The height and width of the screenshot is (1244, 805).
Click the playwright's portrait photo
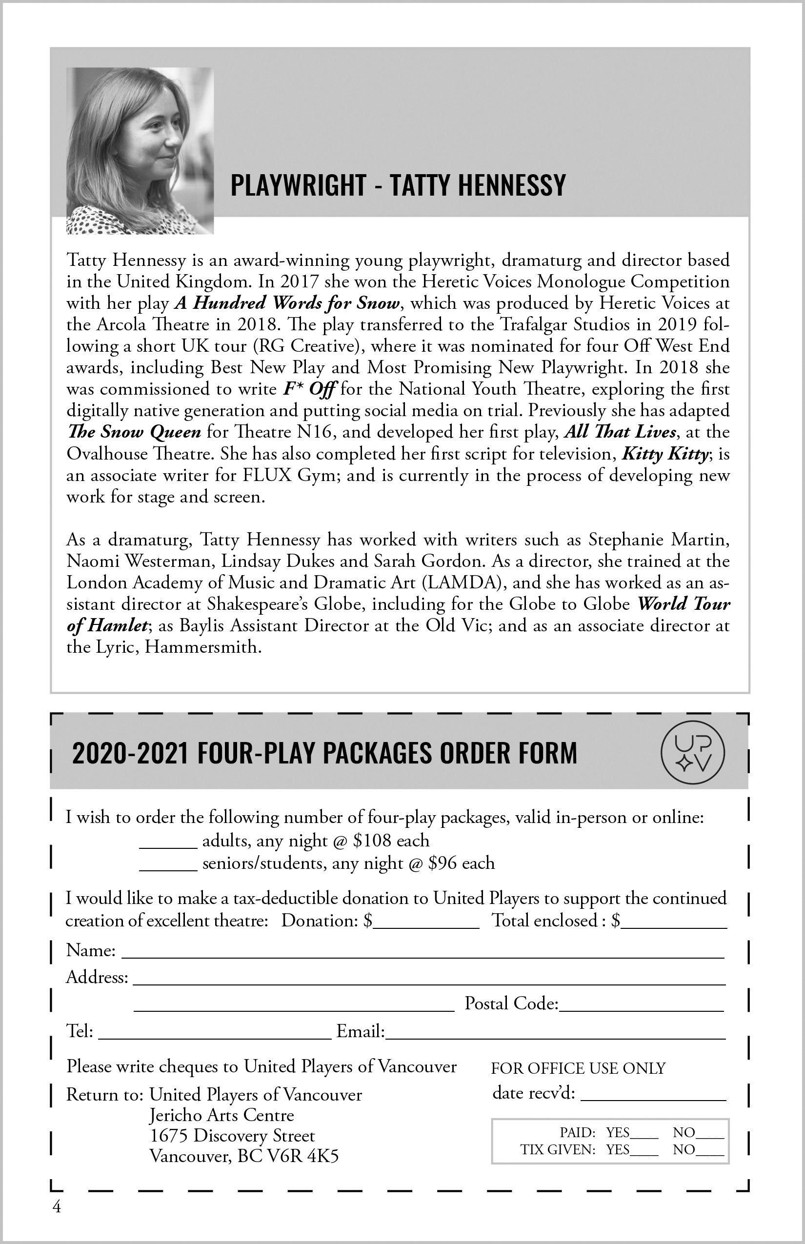pos(140,151)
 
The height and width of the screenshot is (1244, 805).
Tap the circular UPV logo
pos(693,752)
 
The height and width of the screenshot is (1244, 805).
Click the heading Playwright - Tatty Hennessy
pos(398,184)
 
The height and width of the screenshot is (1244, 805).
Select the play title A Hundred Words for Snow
pos(287,303)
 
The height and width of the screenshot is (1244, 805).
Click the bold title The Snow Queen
pos(134,432)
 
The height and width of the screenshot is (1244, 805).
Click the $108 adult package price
pos(372,841)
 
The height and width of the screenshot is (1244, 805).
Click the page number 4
pos(57,1207)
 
